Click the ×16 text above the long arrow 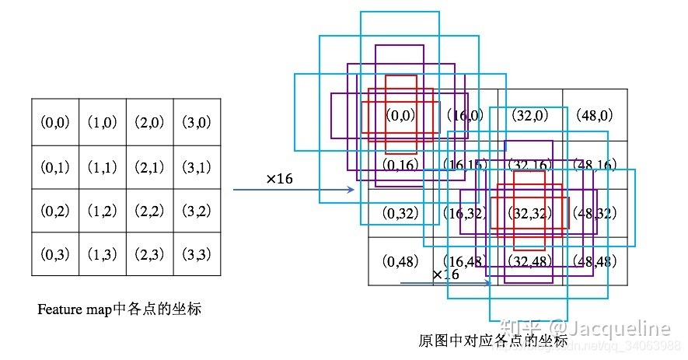[279, 179]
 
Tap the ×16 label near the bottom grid [445, 274]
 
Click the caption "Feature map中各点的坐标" [120, 309]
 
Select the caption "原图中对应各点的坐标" [493, 341]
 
